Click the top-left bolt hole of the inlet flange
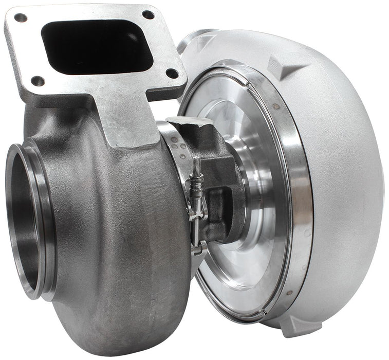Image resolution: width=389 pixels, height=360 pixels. tap(21, 18)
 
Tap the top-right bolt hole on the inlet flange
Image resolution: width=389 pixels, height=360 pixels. tap(148, 15)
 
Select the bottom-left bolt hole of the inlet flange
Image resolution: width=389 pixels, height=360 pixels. tap(38, 81)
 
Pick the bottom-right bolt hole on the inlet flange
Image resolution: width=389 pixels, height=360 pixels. tap(172, 74)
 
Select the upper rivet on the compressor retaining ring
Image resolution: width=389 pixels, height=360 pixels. tap(276, 106)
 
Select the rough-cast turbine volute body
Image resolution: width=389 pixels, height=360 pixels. tap(118, 231)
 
